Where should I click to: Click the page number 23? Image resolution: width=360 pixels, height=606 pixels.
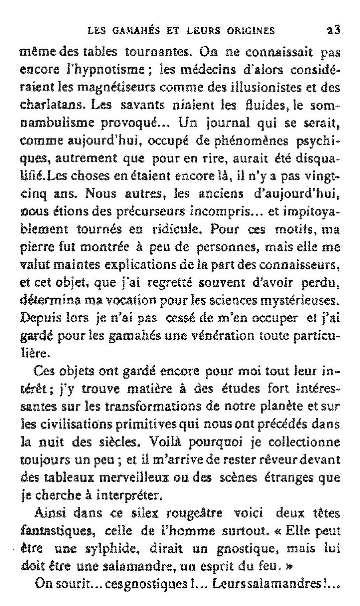pyautogui.click(x=333, y=31)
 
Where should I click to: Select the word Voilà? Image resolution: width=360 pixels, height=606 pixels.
pyautogui.click(x=165, y=443)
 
